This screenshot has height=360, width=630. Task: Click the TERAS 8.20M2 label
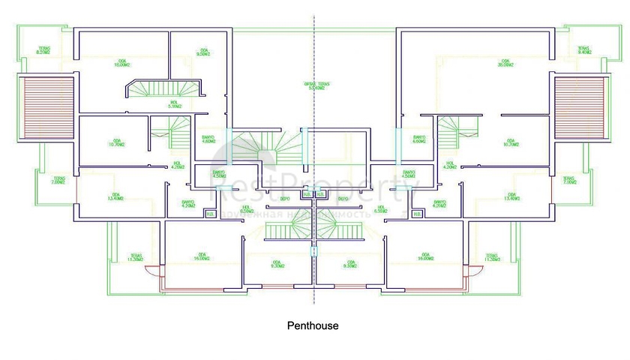pyautogui.click(x=44, y=52)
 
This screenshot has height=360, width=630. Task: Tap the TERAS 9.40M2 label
pyautogui.click(x=583, y=52)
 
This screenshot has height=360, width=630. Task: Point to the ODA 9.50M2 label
pyautogui.click(x=202, y=52)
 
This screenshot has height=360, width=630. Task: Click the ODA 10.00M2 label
pyautogui.click(x=122, y=63)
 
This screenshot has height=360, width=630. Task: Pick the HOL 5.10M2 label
pyautogui.click(x=175, y=104)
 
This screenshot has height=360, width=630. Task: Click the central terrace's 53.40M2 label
pyautogui.click(x=313, y=85)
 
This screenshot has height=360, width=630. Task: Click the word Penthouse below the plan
pyautogui.click(x=313, y=326)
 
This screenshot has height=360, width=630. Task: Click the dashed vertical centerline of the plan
pyautogui.click(x=313, y=45)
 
